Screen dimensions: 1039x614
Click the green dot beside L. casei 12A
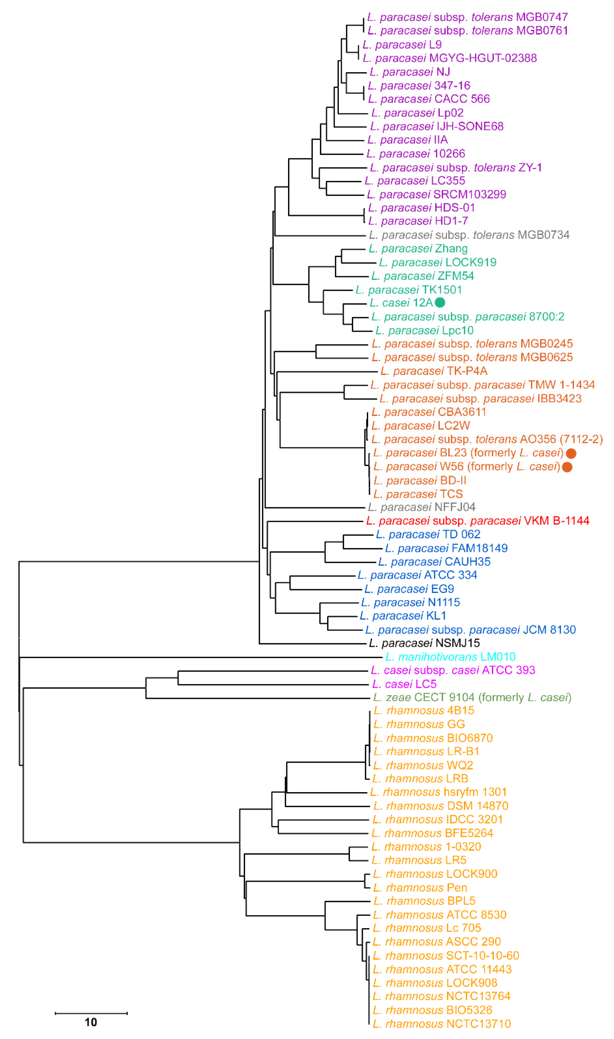point(440,302)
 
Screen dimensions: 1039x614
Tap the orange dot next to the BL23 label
point(571,453)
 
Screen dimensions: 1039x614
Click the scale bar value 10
point(91,1022)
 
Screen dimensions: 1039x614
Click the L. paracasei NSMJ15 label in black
point(424,643)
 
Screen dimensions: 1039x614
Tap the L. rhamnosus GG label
point(419,724)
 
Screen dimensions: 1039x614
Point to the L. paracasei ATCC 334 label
point(417,575)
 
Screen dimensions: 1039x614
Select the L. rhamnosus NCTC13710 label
point(441,1024)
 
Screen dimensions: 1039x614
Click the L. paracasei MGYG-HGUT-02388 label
point(449,58)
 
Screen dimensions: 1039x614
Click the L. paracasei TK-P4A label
point(433,371)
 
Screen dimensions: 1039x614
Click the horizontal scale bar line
point(91,1013)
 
